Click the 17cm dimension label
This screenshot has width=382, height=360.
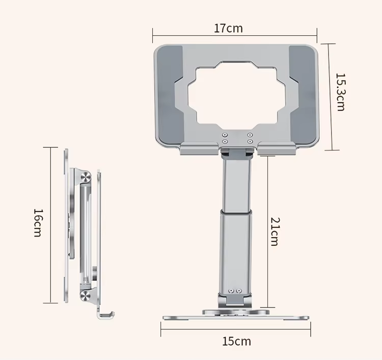point(228,28)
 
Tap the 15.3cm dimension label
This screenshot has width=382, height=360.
point(340,92)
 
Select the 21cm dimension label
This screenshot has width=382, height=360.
point(276,232)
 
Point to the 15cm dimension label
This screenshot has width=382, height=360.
point(236,341)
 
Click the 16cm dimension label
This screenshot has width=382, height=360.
point(38,223)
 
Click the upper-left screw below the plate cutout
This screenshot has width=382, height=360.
point(225,135)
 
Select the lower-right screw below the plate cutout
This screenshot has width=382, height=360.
point(250,141)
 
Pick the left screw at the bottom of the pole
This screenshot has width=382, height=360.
point(231,291)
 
